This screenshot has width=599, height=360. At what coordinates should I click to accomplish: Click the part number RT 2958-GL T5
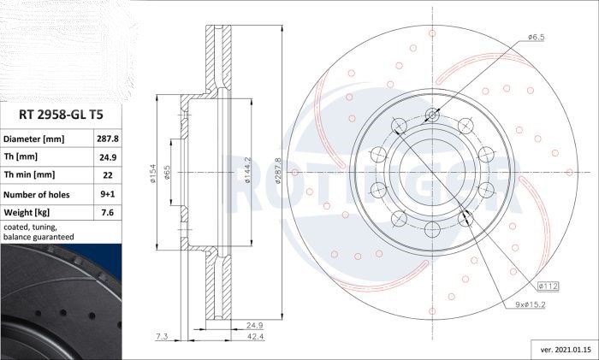[61, 115]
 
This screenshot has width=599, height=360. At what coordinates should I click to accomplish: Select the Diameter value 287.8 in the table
[107, 139]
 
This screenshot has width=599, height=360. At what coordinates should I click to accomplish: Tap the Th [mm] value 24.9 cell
[108, 156]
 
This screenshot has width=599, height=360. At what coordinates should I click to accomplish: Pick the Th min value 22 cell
[108, 174]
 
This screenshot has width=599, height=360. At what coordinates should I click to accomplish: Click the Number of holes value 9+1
[108, 194]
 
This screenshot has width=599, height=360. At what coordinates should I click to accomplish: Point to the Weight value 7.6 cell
[108, 212]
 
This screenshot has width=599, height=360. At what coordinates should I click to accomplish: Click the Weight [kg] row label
[27, 212]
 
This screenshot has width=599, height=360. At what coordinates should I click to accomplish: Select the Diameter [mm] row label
[33, 139]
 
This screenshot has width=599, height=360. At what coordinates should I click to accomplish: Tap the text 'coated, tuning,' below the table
[30, 227]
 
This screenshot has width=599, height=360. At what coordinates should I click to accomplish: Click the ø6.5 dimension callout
[536, 37]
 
